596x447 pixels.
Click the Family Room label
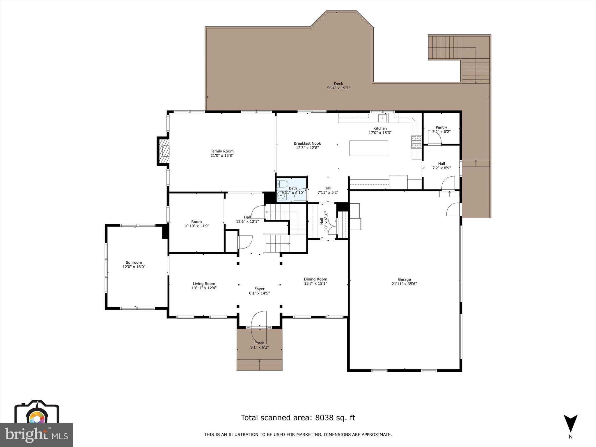coord(222,151)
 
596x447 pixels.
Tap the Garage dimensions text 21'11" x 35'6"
coord(404,284)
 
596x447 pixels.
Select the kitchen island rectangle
coord(369,148)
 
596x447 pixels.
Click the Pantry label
coord(441,127)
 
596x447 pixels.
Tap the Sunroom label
coord(134,262)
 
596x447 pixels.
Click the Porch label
coord(259,343)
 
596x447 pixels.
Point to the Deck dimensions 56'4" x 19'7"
coord(338,88)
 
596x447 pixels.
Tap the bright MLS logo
coord(36,435)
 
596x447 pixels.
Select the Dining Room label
coord(315,279)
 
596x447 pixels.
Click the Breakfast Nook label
coord(307,143)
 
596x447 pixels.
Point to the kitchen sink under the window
coord(382,118)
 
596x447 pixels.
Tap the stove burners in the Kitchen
coord(416,142)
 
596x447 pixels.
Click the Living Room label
coord(204,283)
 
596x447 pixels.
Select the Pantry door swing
coord(435,138)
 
